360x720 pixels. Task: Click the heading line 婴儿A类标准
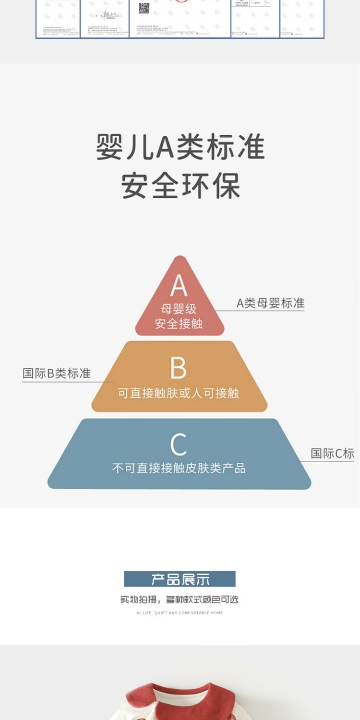[180, 146]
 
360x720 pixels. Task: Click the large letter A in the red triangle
[179, 286]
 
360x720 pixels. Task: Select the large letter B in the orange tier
[178, 369]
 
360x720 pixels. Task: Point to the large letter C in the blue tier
[178, 444]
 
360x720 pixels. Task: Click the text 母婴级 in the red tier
[179, 309]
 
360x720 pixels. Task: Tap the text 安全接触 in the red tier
[179, 324]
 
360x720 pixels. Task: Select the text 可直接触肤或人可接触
[179, 393]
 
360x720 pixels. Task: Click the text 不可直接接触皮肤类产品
[179, 468]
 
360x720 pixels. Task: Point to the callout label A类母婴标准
[270, 303]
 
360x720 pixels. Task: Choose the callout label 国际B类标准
[57, 373]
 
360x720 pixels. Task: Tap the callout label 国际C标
[332, 453]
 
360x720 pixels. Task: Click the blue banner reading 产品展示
[180, 579]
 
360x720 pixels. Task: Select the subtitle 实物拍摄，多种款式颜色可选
[180, 600]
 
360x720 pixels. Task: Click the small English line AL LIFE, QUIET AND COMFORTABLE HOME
[180, 613]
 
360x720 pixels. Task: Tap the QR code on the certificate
[144, 8]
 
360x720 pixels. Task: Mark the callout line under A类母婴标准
[262, 311]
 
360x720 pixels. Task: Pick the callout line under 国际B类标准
[67, 382]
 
